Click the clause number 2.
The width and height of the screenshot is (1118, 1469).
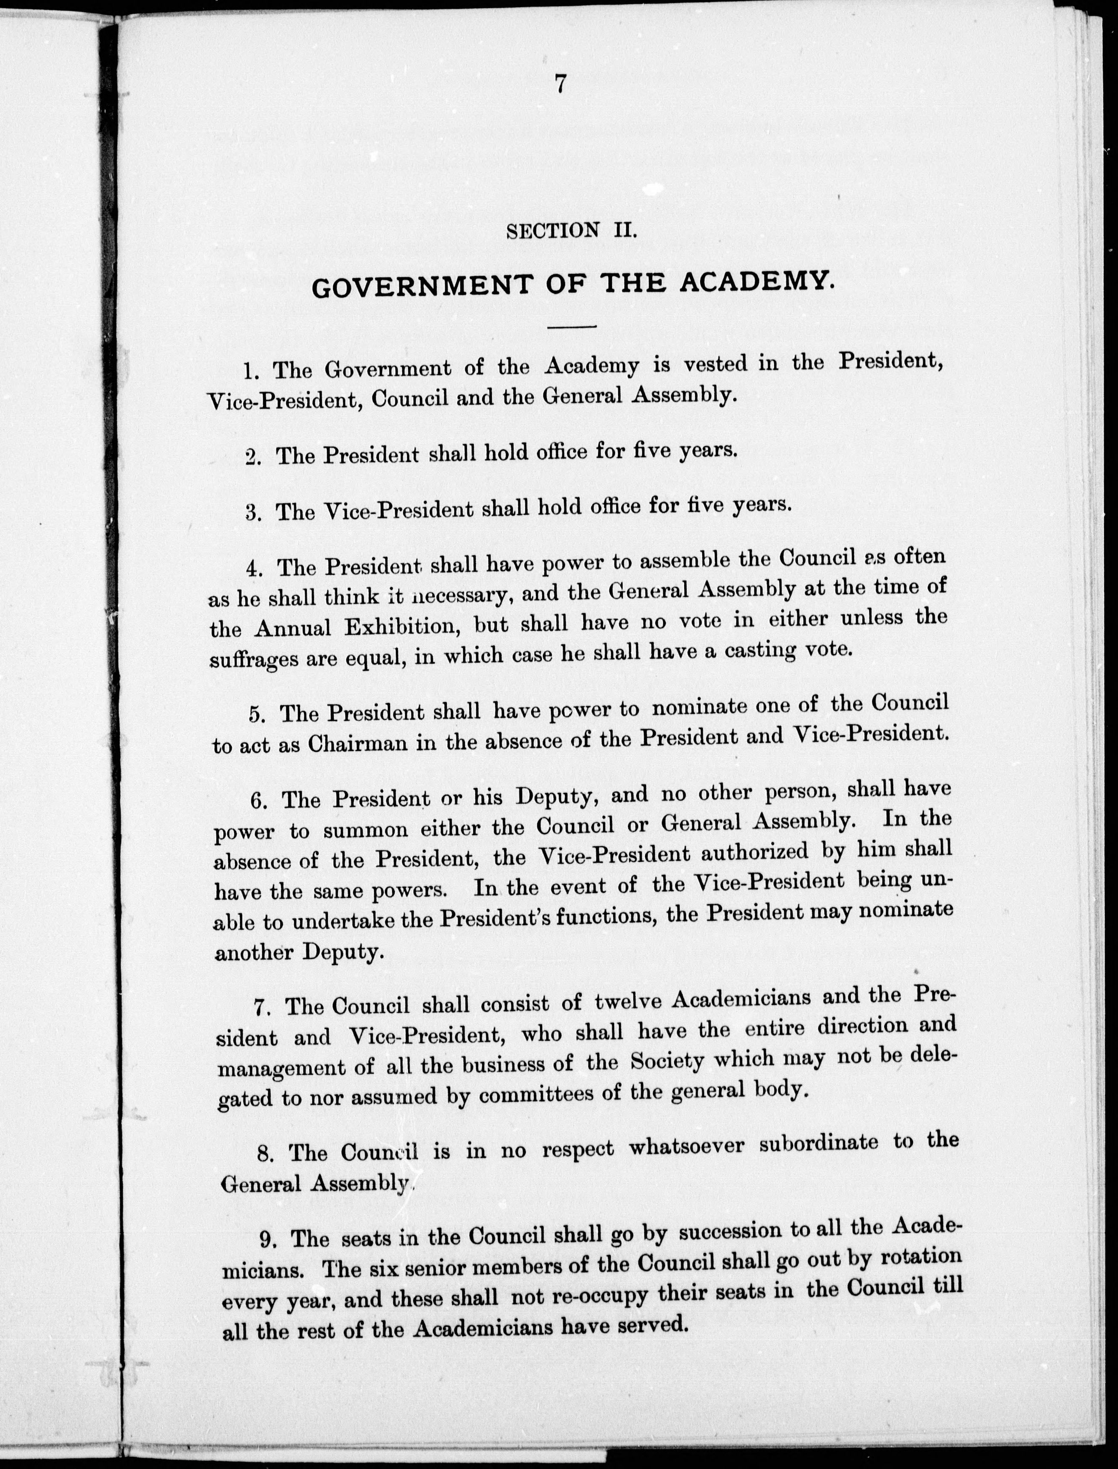click(251, 458)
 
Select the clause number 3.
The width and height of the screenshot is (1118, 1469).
click(251, 513)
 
